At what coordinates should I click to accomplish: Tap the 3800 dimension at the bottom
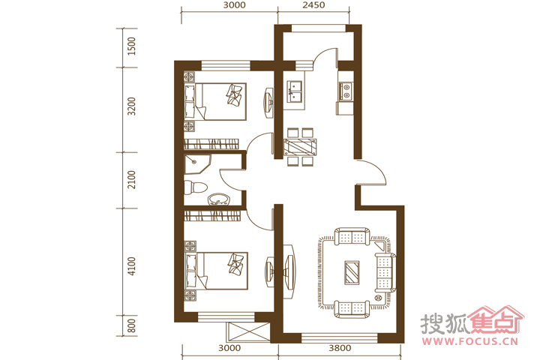pyautogui.click(x=340, y=348)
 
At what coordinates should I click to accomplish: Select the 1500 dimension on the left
pyautogui.click(x=131, y=46)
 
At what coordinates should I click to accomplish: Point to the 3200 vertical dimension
pyautogui.click(x=131, y=106)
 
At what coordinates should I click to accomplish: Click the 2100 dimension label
pyautogui.click(x=131, y=179)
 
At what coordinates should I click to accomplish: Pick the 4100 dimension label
pyautogui.click(x=131, y=265)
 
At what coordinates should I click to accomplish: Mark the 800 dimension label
pyautogui.click(x=131, y=326)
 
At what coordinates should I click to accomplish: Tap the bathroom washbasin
pyautogui.click(x=218, y=199)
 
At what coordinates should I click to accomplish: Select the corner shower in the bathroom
pyautogui.click(x=196, y=165)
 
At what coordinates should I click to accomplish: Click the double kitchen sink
pyautogui.click(x=295, y=91)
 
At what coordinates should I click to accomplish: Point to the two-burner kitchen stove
pyautogui.click(x=346, y=91)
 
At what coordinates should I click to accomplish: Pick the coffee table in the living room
pyautogui.click(x=352, y=272)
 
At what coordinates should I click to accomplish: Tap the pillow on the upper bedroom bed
pyautogui.click(x=235, y=94)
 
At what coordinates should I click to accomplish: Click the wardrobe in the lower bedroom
pyautogui.click(x=211, y=216)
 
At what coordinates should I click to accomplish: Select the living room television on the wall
pyautogui.click(x=289, y=272)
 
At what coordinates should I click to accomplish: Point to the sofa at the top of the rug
pyautogui.click(x=352, y=236)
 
